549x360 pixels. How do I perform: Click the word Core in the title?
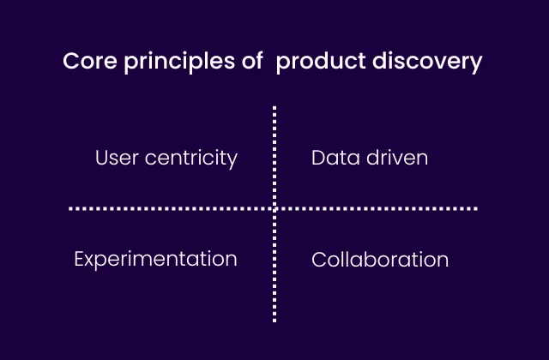coord(84,63)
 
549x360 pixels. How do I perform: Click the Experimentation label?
coord(155,259)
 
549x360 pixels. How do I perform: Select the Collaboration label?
coord(380,259)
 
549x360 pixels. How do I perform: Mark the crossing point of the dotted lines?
coord(274,207)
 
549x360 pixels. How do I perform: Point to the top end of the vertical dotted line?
coord(274,108)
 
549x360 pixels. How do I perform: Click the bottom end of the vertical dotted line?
coord(274,321)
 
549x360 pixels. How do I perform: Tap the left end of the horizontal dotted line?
coord(71,207)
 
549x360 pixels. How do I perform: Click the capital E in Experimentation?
coord(79,258)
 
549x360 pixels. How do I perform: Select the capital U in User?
coord(101,158)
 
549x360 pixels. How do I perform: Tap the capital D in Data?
coord(318,158)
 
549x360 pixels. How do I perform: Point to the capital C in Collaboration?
coord(318,259)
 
